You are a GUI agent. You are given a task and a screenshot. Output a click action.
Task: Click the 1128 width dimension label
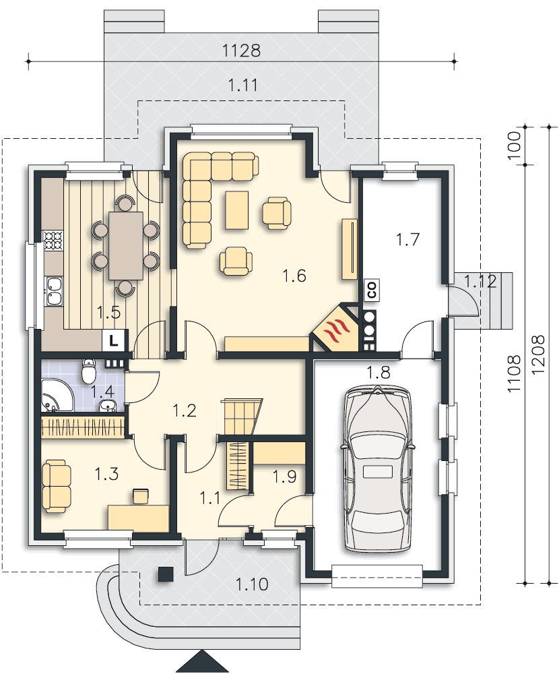(241, 51)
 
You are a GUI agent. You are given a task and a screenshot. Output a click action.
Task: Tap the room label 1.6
(294, 276)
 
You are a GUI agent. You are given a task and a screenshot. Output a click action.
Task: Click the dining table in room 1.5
(126, 245)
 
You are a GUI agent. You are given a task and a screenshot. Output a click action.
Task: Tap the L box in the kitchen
(113, 341)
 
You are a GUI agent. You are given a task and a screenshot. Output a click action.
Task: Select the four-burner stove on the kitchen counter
(53, 241)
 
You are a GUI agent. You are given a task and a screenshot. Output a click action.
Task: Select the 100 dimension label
(514, 146)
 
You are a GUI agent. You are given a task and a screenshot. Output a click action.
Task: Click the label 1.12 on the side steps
(480, 282)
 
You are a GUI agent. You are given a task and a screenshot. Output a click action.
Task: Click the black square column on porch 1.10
(166, 574)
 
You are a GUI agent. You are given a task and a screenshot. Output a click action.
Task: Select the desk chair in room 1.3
(140, 495)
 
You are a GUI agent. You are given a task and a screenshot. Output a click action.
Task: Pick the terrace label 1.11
(242, 86)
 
